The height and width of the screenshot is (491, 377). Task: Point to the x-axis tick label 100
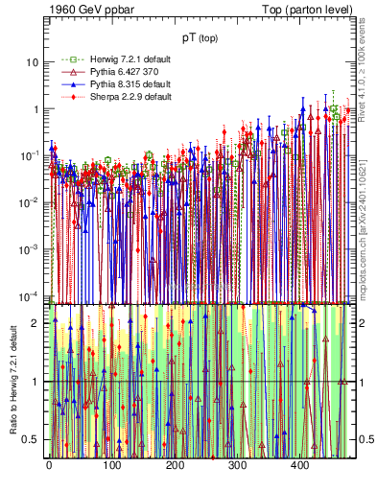[x=111, y=465]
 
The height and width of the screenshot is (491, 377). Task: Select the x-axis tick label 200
[x=175, y=465]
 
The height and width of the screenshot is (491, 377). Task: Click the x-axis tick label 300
[x=237, y=465]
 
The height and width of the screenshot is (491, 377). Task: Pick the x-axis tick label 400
[x=299, y=465]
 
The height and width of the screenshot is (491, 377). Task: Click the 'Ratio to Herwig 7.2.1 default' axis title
[x=12, y=379]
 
